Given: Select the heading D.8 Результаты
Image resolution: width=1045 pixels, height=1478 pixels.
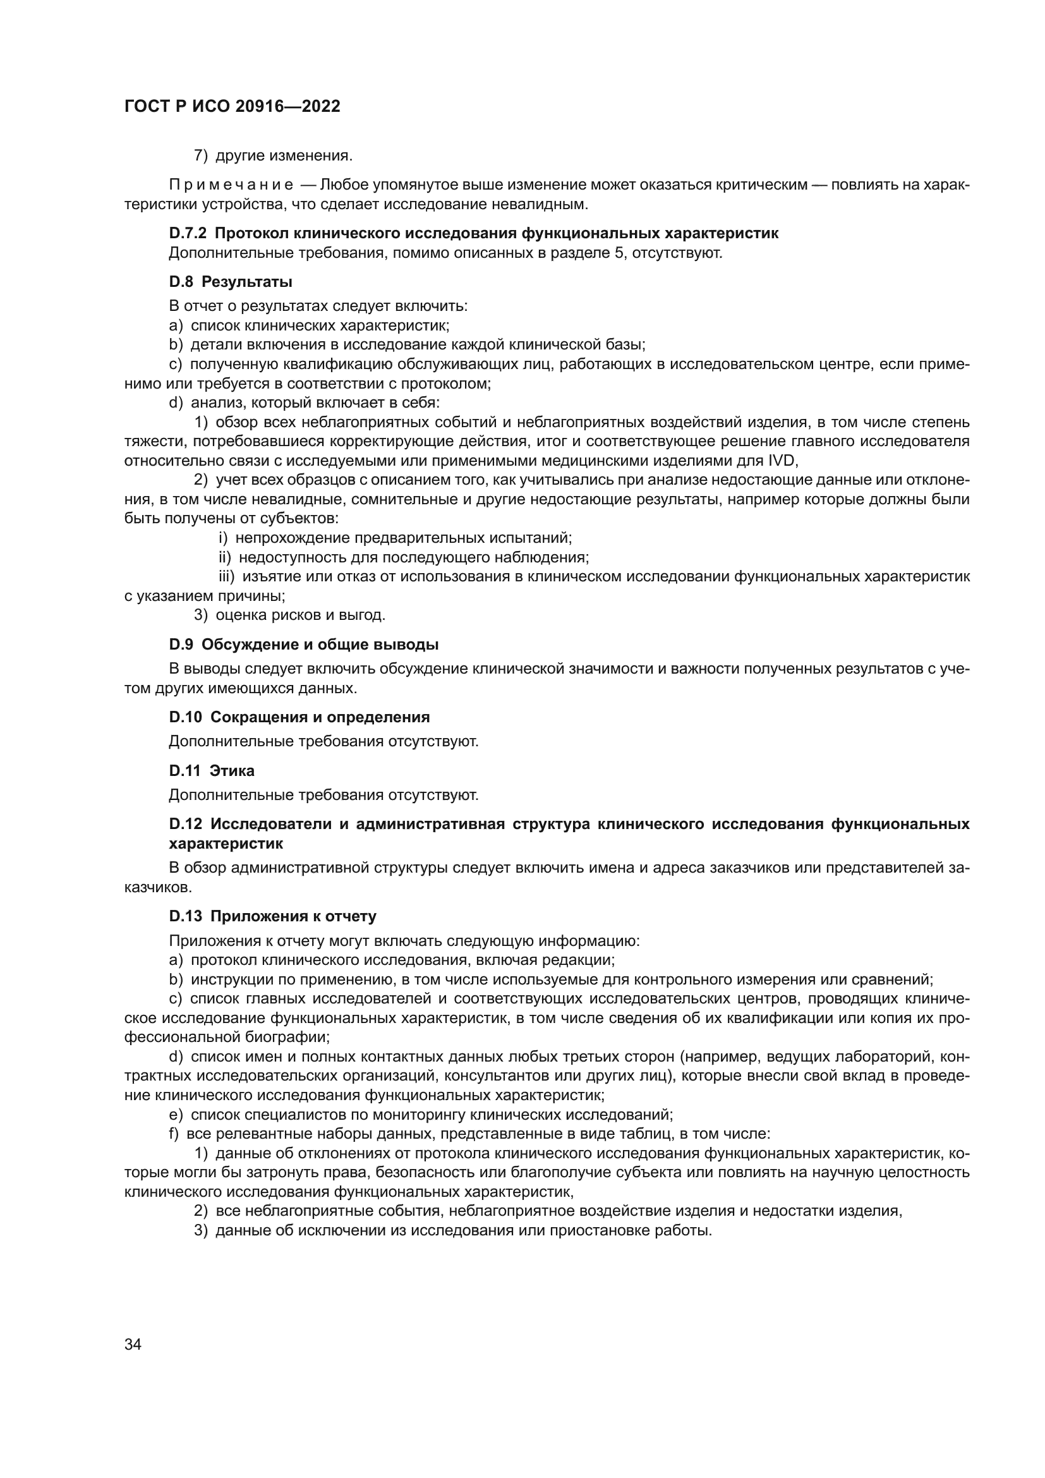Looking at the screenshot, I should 231,281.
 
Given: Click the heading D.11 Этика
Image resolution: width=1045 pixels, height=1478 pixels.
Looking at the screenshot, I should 212,770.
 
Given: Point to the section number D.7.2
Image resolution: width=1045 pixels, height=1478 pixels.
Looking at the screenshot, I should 187,233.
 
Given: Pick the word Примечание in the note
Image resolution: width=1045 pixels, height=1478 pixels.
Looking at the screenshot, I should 231,185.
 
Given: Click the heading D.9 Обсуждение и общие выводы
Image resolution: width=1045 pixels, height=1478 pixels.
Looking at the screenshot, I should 304,645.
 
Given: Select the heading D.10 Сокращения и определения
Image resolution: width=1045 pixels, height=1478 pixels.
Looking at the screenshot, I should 299,717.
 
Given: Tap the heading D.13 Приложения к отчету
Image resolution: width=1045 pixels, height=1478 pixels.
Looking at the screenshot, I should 273,916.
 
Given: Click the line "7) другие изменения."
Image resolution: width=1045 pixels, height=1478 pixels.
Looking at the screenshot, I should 274,156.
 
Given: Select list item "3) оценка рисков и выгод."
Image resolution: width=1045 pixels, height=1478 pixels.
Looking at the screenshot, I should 289,615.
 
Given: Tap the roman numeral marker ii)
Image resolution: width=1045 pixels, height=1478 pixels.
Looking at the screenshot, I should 224,557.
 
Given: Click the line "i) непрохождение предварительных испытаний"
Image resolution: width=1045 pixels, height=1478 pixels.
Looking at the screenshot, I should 395,538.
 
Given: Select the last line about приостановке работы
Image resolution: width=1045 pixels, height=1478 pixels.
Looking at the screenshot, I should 452,1230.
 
